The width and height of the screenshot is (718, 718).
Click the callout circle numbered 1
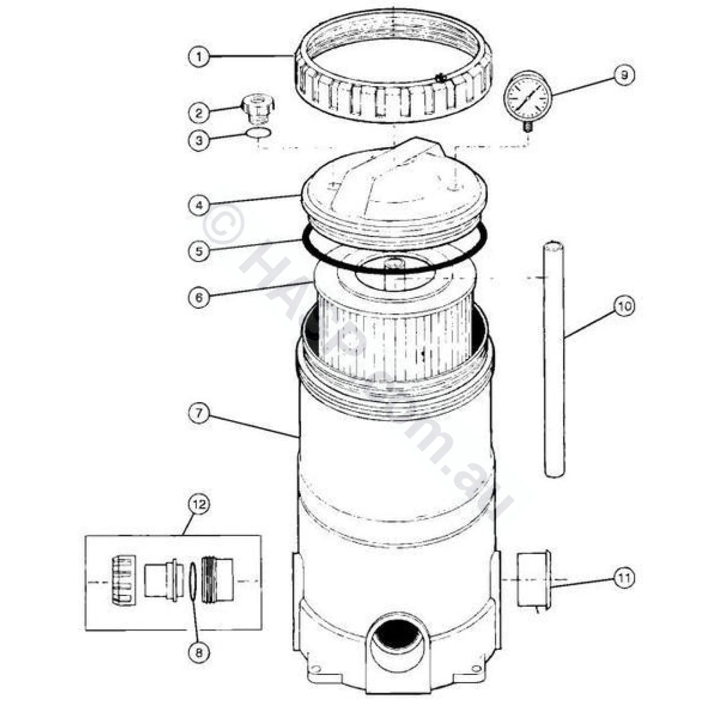[199, 57]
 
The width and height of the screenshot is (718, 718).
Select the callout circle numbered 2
[199, 111]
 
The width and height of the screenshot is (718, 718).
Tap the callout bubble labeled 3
[199, 141]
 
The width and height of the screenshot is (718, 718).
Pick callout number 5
[199, 251]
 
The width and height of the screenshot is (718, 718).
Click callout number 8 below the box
[199, 652]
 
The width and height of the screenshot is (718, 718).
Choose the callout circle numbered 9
[624, 76]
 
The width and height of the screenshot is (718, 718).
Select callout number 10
[623, 306]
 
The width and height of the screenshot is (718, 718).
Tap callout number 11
[624, 578]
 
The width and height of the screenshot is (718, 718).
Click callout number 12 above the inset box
[199, 504]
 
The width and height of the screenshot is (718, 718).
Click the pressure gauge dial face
[528, 96]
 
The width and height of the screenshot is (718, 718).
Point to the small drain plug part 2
[257, 106]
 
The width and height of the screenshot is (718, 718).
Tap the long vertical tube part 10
[554, 361]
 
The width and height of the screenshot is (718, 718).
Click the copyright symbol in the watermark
[224, 225]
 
